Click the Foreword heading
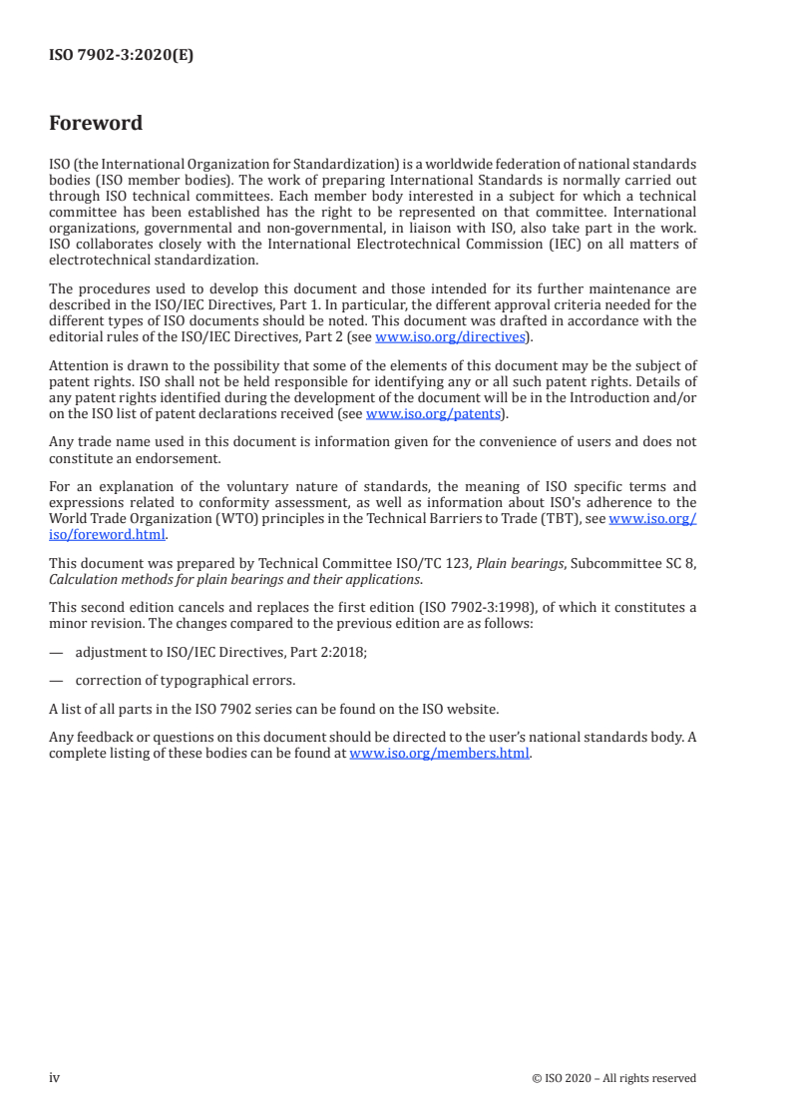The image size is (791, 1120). point(96,124)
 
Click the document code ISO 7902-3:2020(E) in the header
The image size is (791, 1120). point(121,56)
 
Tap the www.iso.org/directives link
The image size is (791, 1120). point(449,337)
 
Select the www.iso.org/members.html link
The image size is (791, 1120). point(440,754)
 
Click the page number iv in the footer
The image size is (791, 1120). point(55,1077)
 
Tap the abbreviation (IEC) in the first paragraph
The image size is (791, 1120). point(597,245)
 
